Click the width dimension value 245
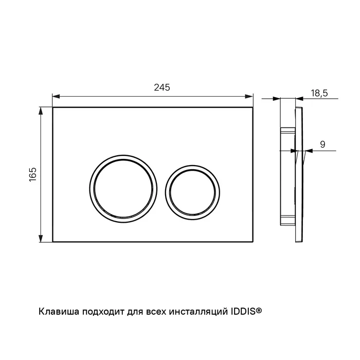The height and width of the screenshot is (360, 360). click(162, 88)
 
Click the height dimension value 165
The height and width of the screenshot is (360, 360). click(32, 174)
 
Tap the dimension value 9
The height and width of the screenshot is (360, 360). click(322, 145)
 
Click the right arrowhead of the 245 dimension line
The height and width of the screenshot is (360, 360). click(250, 96)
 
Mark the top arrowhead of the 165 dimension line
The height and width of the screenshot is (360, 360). click(40, 110)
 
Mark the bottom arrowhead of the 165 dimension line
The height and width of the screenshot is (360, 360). click(40, 240)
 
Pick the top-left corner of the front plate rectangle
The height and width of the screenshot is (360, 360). click(53, 107)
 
